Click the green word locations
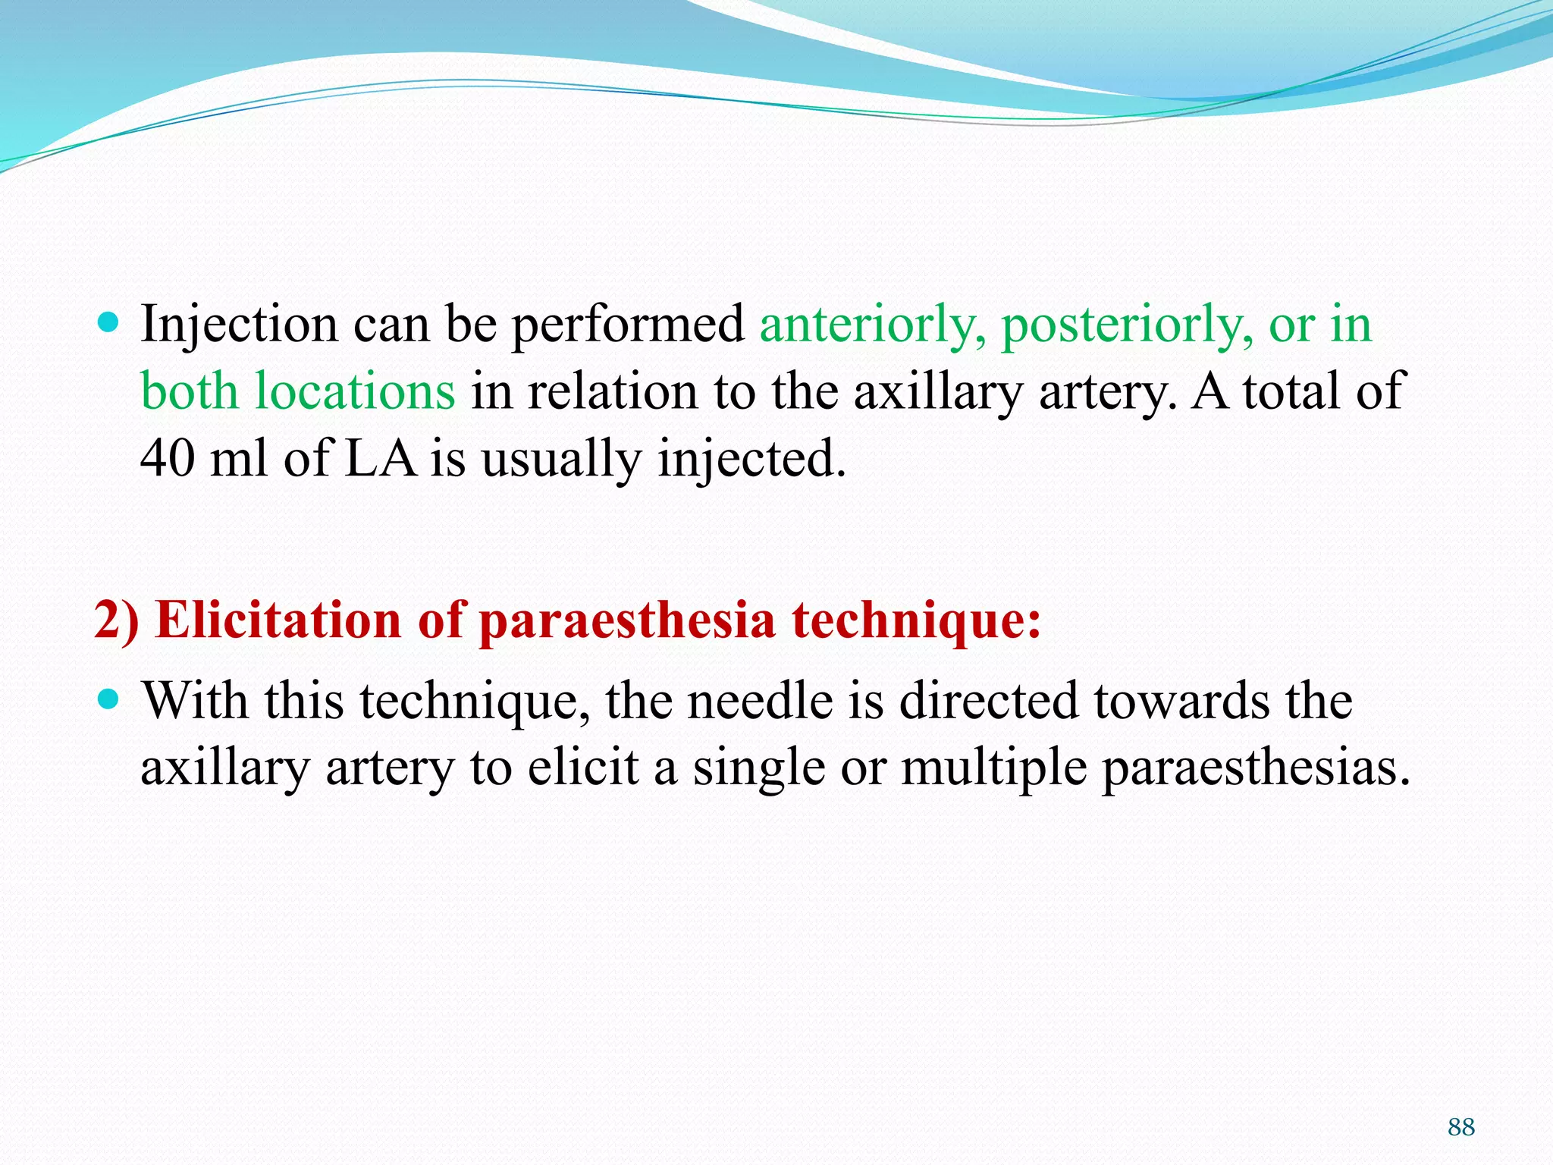point(355,393)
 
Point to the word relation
point(611,393)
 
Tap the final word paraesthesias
point(1255,768)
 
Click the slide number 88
point(1460,1127)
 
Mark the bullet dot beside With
point(110,698)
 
